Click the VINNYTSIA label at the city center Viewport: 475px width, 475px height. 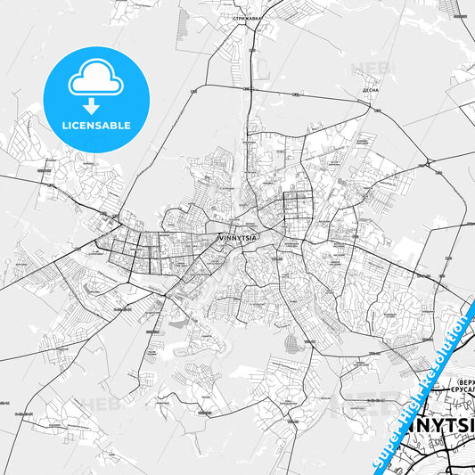click(x=237, y=238)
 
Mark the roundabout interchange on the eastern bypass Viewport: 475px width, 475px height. click(x=430, y=164)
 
